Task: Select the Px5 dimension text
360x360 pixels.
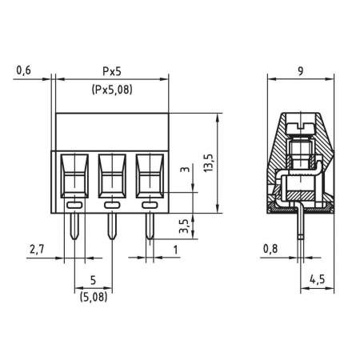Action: (x=111, y=71)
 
